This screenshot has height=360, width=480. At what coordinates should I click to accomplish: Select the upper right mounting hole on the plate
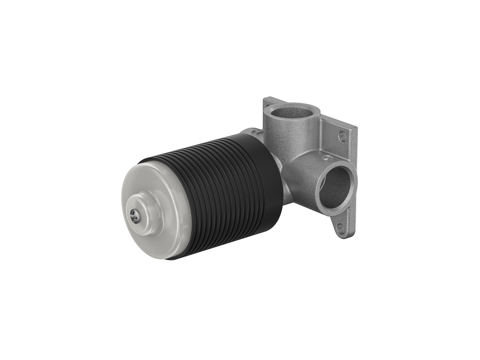(x=342, y=136)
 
